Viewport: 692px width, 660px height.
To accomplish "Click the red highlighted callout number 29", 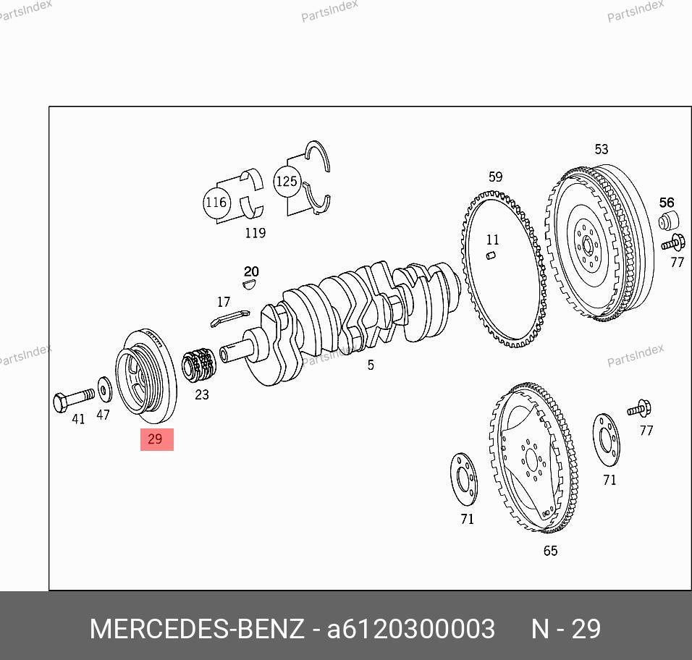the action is (x=156, y=439).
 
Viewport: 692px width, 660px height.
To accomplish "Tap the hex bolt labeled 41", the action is (x=73, y=399).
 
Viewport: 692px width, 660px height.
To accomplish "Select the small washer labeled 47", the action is (x=104, y=389).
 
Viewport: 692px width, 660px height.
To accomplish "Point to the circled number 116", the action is (x=216, y=203).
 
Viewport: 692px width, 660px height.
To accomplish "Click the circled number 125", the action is (x=287, y=182).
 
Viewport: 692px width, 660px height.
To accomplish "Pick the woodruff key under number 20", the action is (x=249, y=284).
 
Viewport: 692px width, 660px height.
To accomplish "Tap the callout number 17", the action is (x=224, y=302).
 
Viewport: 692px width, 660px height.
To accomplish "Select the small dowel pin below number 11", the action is (x=491, y=255).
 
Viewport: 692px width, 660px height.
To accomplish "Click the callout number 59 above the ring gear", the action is (x=495, y=177).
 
